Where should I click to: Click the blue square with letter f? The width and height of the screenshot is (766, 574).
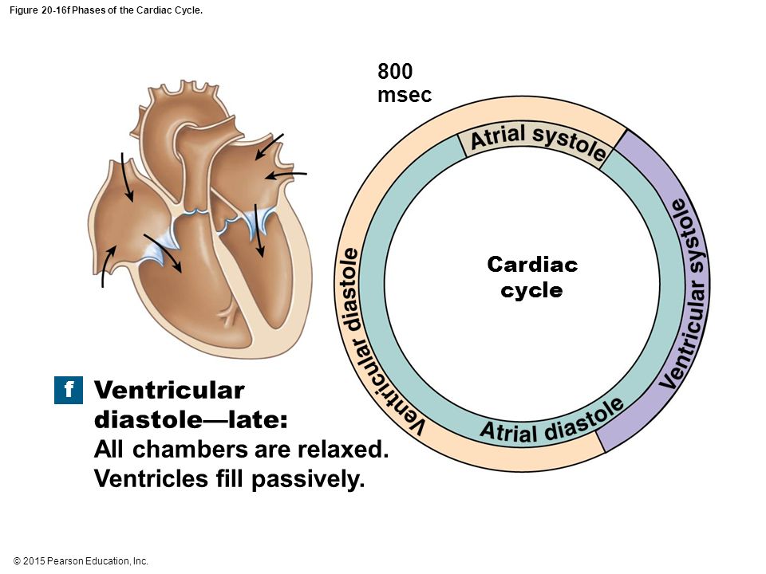[69, 390]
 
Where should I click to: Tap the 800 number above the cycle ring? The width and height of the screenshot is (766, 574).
[395, 71]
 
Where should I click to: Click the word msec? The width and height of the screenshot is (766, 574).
[405, 95]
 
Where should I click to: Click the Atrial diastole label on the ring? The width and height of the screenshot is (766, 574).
[552, 423]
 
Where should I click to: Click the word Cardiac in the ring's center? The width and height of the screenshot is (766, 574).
[532, 265]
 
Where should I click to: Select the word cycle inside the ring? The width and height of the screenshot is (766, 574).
[531, 290]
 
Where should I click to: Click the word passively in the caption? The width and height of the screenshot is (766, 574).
[308, 479]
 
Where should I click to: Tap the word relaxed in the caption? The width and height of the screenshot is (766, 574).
[343, 449]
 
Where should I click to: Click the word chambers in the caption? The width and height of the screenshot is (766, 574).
[190, 449]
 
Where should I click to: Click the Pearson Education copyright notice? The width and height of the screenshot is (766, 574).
[81, 560]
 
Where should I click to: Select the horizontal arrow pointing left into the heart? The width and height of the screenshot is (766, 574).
[286, 175]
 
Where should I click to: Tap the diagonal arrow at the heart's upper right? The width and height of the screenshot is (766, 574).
[269, 146]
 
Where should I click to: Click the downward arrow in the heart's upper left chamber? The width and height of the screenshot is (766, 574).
[127, 177]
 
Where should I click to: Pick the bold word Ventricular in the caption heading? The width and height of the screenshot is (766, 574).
[169, 390]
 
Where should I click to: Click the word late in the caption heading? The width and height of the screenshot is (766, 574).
[258, 419]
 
